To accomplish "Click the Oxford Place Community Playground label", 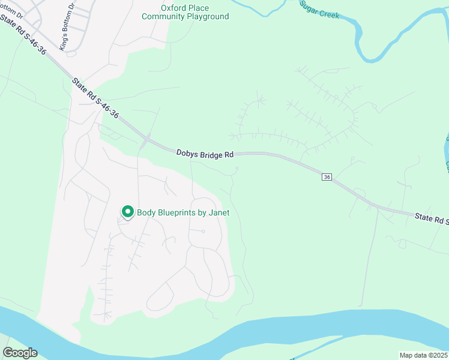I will click(x=185, y=12).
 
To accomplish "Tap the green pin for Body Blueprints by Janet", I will click(x=127, y=212).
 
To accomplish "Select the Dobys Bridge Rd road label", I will click(x=205, y=154).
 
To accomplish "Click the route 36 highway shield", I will click(x=327, y=177).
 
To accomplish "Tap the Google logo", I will click(x=20, y=353).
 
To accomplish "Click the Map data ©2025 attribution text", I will click(x=423, y=355).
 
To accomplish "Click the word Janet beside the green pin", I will click(x=218, y=212).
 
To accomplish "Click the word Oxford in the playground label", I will click(x=172, y=8).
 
